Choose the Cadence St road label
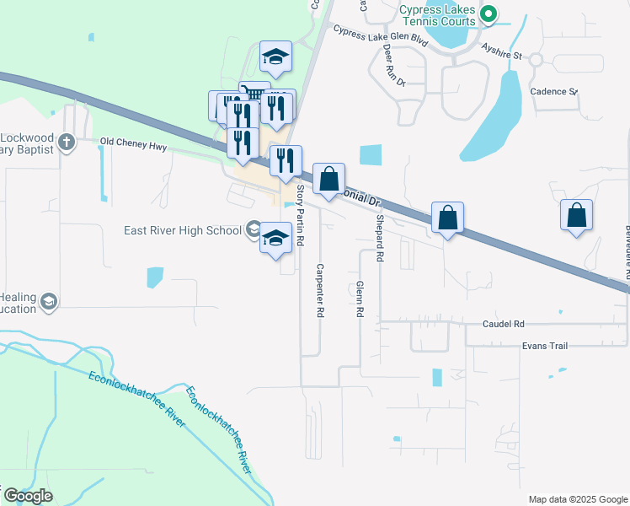pyautogui.click(x=553, y=91)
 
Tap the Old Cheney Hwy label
pyautogui.click(x=134, y=144)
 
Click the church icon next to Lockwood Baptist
pyautogui.click(x=66, y=143)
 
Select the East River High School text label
pyautogui.click(x=182, y=230)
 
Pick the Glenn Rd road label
pyautogui.click(x=360, y=299)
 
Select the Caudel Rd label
pyautogui.click(x=504, y=324)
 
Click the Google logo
pyautogui.click(x=28, y=496)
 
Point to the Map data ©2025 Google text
pyautogui.click(x=577, y=499)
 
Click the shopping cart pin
pyautogui.click(x=254, y=93)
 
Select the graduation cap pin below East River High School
pyautogui.click(x=275, y=238)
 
